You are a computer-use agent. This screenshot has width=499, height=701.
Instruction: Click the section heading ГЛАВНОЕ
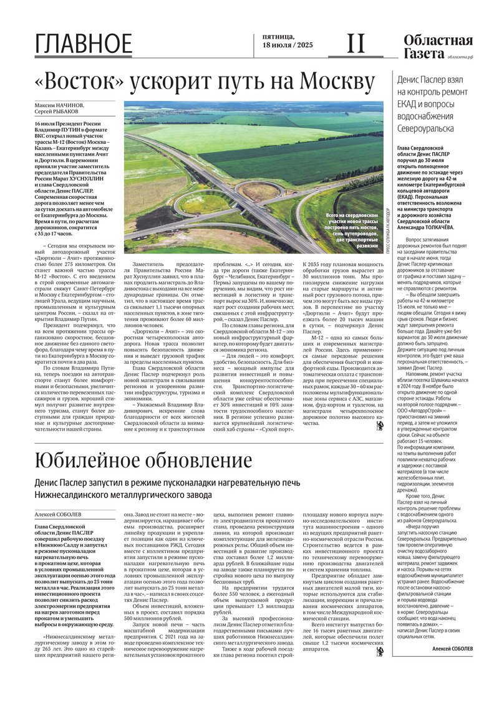84,44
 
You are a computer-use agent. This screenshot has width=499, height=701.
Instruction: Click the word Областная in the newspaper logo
438,41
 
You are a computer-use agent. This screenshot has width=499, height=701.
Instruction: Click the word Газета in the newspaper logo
421,54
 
